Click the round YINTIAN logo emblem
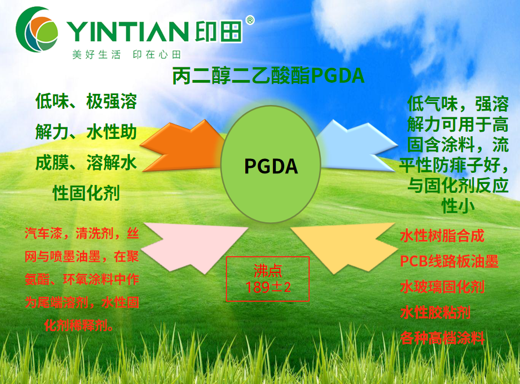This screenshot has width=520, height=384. point(37,29)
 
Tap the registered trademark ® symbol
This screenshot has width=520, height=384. point(250,20)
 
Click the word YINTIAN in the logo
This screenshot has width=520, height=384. point(128,32)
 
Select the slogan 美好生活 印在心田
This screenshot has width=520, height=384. point(127,54)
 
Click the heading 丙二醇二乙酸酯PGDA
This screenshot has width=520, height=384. point(268,76)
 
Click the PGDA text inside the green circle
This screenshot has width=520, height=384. point(271,166)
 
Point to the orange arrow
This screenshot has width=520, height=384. point(182,146)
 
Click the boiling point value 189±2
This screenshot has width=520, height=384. point(268,287)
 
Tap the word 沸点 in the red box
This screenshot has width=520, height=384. point(268,271)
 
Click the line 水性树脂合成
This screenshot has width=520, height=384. point(442,236)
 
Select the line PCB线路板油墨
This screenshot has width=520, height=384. point(449,261)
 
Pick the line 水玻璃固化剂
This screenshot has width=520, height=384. point(442,287)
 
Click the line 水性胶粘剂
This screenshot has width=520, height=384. point(435,312)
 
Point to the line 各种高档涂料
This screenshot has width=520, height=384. point(442,338)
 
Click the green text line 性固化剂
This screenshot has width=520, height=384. point(86,193)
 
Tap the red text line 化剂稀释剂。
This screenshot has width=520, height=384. point(79,325)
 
